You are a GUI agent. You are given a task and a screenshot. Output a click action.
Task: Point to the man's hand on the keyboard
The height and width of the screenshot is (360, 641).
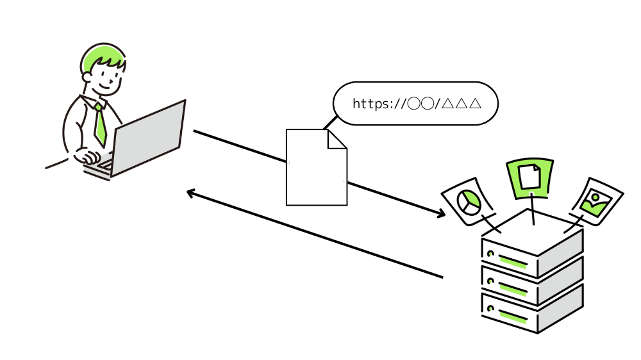pyautogui.click(x=87, y=156)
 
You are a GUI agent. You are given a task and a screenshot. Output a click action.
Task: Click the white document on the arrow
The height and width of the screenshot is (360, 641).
pyautogui.click(x=315, y=170)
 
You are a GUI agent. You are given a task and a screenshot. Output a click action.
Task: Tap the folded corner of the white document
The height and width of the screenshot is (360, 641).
pyautogui.click(x=337, y=139)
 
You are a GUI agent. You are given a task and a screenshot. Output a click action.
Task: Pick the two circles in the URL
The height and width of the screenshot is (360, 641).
pyautogui.click(x=421, y=103)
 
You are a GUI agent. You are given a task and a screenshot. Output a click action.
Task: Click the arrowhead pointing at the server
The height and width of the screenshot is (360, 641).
pyautogui.click(x=441, y=214)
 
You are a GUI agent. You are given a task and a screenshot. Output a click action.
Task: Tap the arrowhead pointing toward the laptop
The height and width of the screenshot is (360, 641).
pyautogui.click(x=190, y=192)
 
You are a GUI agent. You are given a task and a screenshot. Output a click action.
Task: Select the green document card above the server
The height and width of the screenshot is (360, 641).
pyautogui.click(x=530, y=176)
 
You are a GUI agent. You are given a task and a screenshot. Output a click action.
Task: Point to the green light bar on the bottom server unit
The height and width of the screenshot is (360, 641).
pyautogui.click(x=512, y=315)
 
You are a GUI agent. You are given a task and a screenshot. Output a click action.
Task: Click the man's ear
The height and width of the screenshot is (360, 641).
pyautogui.click(x=87, y=77)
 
